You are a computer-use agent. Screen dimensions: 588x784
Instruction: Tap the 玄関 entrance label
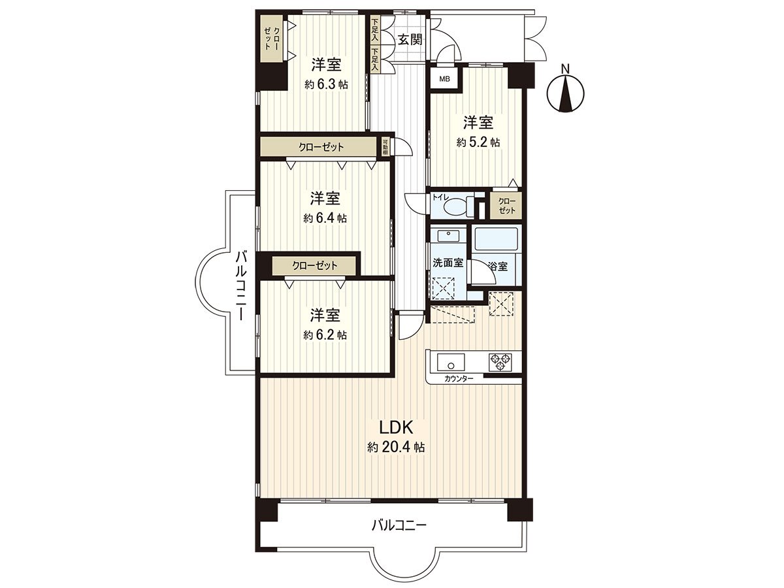coord(410,39)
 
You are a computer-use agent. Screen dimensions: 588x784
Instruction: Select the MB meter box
coord(444,79)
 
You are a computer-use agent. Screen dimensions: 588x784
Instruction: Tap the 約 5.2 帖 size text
coord(478,142)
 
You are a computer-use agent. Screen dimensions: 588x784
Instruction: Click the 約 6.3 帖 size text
coord(325,84)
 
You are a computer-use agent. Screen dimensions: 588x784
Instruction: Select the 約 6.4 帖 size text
coord(325,218)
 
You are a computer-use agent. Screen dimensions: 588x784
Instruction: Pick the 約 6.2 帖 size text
coord(325,335)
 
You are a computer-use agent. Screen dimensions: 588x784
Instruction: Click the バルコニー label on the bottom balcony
coord(399,525)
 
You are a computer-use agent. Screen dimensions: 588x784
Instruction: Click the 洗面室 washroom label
coord(448,263)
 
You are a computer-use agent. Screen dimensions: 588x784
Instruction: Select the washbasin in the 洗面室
coord(448,235)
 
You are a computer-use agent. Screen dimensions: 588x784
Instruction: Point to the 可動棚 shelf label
coord(385,147)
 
